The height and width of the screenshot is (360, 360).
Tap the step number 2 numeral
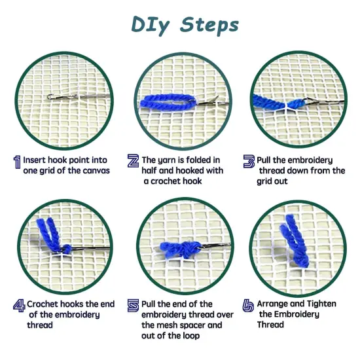[133, 161]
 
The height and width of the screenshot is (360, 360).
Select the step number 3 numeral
[249, 161]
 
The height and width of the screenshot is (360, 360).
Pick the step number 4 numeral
[18, 305]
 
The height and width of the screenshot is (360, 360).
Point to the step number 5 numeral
[133, 305]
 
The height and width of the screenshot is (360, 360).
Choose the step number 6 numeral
[248, 305]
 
